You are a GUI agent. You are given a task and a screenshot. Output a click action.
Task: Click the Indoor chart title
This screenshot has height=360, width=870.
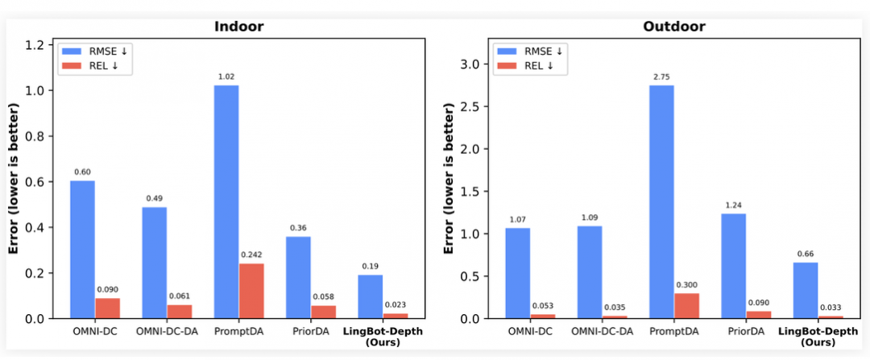tap(238, 27)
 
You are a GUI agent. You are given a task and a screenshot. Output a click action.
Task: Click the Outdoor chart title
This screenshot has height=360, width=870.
tap(673, 27)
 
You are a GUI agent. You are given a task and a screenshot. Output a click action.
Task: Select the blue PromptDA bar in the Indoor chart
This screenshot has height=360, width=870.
tap(226, 201)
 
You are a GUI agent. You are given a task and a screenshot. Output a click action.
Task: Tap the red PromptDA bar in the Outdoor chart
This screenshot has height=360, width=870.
tap(686, 306)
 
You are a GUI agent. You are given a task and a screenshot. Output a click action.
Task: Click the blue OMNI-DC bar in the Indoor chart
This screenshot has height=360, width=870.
tap(82, 250)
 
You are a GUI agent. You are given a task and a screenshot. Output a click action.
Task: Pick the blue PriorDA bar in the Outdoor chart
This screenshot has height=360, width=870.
tap(734, 266)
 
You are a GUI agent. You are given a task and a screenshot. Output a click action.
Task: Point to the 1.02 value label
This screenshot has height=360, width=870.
tap(226, 77)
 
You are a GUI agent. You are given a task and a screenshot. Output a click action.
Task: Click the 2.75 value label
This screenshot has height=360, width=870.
tap(662, 77)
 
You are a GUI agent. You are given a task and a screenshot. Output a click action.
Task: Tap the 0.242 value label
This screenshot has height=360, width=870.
tap(251, 254)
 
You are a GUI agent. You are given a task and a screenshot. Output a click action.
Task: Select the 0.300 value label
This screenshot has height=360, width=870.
tap(686, 284)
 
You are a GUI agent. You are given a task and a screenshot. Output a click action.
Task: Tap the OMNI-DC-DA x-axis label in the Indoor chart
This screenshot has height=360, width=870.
tap(167, 331)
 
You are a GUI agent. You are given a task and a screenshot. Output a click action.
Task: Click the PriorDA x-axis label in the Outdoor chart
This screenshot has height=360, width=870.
tap(746, 331)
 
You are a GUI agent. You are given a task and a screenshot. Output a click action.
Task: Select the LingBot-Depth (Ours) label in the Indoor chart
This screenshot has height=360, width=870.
tap(383, 337)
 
